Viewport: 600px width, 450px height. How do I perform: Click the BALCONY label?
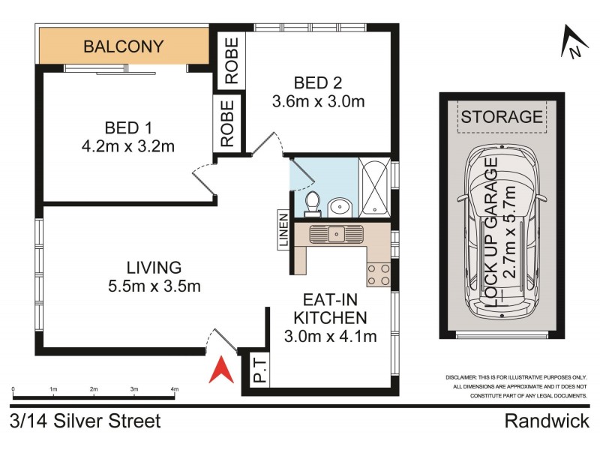(124, 46)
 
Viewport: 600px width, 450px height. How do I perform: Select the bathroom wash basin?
(340, 205)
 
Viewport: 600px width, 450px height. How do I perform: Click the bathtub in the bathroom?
(373, 187)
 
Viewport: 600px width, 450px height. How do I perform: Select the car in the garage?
(501, 232)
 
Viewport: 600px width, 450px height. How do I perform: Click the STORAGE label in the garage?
(501, 117)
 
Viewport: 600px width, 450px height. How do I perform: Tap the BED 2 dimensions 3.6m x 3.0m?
(319, 101)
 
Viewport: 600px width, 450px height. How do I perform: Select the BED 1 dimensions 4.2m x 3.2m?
(129, 146)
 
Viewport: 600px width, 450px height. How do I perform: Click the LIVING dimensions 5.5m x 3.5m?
(154, 286)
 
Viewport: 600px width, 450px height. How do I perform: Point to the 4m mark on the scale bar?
(175, 390)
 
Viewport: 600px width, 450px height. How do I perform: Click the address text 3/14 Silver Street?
(85, 421)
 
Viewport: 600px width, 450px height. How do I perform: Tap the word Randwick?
(546, 421)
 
